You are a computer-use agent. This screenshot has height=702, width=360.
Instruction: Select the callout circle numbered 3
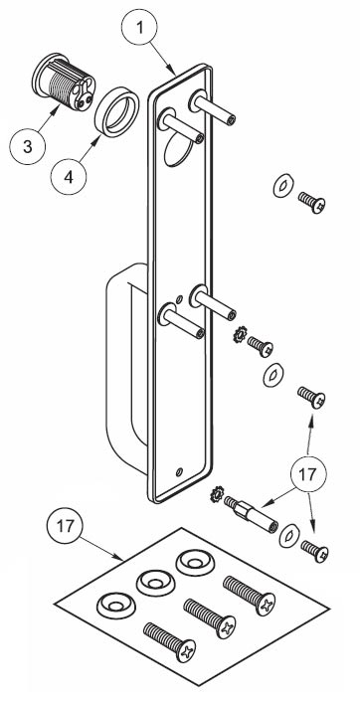(x=29, y=147)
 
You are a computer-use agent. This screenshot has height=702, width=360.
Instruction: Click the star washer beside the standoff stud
(x=220, y=493)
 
